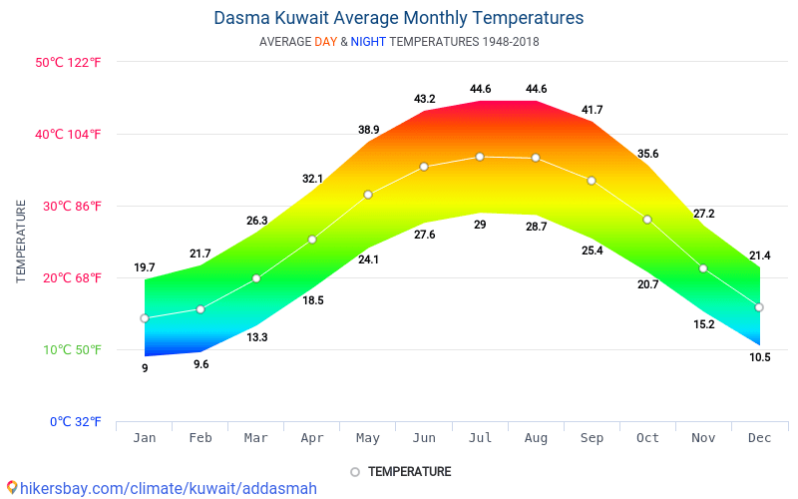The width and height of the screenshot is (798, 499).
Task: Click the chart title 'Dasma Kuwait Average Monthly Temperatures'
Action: point(398,18)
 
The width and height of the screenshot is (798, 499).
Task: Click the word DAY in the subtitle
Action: point(325,42)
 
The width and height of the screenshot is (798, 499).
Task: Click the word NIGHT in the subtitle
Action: point(368,42)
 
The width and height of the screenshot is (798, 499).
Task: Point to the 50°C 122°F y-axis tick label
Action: point(68,63)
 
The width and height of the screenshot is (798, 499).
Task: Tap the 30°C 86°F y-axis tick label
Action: point(68,207)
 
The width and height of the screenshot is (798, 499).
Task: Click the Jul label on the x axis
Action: point(480,438)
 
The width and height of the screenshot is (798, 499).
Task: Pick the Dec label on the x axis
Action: point(759,438)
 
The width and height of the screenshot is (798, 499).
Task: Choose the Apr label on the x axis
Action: point(312,438)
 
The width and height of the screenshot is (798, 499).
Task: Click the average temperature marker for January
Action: point(145,318)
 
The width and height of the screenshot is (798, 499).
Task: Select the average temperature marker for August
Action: point(536,158)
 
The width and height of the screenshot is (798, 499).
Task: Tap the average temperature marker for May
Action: point(368,195)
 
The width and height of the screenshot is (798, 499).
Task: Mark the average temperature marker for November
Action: point(703,268)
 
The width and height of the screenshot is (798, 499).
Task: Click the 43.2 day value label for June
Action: point(424,99)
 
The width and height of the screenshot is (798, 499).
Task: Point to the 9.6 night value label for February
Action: point(200,364)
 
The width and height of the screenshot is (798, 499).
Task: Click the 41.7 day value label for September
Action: point(592,110)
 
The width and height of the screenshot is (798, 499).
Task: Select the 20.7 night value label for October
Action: point(647,284)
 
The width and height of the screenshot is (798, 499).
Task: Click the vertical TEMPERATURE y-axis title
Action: point(21,241)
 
